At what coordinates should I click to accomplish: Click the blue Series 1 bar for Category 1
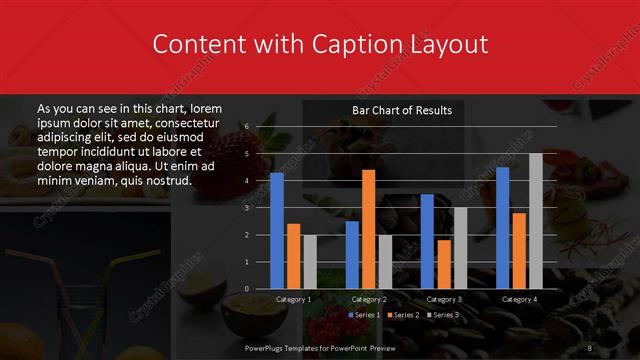[277, 230]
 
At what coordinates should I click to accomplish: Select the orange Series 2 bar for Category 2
[368, 229]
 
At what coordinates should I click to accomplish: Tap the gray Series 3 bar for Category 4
[535, 221]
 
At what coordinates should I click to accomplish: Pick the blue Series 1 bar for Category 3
[427, 241]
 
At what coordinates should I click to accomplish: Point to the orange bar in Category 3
[443, 264]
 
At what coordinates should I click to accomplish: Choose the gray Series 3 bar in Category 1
[309, 262]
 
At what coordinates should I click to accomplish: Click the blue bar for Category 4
[502, 227]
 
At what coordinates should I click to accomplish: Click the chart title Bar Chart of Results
[402, 110]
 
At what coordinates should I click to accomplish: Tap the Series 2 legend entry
[403, 315]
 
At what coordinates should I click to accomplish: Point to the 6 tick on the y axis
[246, 127]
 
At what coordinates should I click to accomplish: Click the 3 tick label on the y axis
[246, 208]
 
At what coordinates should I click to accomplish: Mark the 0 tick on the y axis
[246, 289]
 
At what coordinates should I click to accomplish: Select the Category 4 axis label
[519, 299]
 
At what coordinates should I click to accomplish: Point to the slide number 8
[589, 347]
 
